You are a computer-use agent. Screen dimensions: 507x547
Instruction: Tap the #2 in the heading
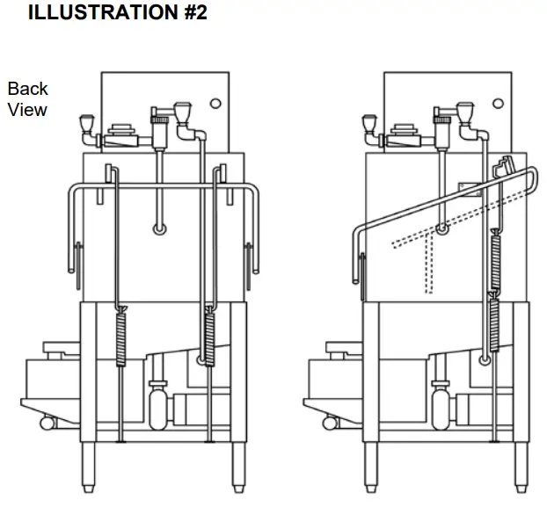[x=189, y=13]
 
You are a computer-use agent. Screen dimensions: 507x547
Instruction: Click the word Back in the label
[x=28, y=89]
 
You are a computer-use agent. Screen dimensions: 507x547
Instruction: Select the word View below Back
[x=28, y=110]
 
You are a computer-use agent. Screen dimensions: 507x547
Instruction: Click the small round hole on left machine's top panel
[x=215, y=103]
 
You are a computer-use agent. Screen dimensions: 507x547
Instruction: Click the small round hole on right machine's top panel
[x=498, y=103]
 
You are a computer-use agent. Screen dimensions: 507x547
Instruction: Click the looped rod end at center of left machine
[x=159, y=230]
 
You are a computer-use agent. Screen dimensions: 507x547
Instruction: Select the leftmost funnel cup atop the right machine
[x=369, y=123]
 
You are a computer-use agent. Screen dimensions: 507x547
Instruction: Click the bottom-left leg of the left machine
[x=90, y=467]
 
